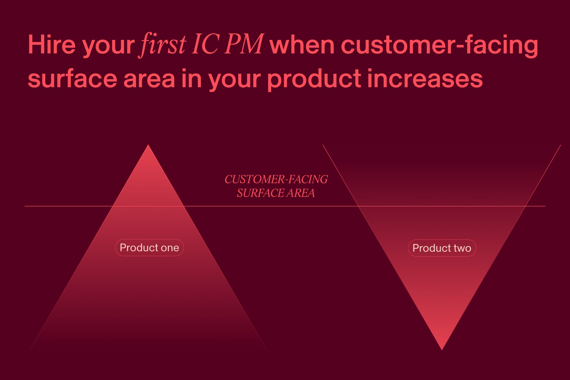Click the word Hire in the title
point(52,44)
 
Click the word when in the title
point(302,44)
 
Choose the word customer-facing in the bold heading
point(439,46)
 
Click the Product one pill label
point(149,247)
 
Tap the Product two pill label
point(442,248)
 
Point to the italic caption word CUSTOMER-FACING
point(276,179)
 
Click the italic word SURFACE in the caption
point(260,193)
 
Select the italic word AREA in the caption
point(301,193)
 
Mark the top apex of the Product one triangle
point(148,145)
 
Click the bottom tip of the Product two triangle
point(442,350)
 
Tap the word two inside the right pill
point(462,248)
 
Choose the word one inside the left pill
point(170,248)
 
